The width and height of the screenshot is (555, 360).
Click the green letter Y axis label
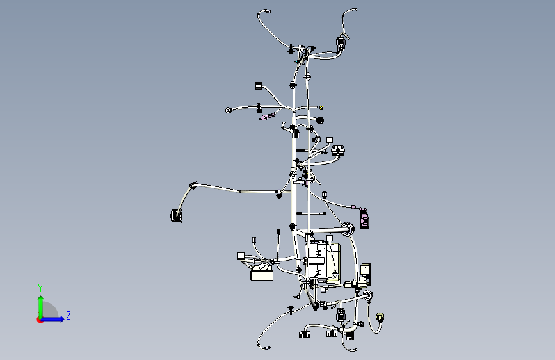[40, 288]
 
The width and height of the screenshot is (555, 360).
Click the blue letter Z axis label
[68, 315]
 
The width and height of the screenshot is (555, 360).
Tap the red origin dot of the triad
[40, 320]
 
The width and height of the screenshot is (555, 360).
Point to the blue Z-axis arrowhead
[61, 319]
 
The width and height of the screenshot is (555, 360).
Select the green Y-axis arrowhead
[41, 299]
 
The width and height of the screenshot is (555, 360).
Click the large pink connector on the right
[364, 218]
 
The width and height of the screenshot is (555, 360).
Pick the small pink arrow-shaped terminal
[267, 117]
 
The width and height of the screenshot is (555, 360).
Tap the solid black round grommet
[319, 120]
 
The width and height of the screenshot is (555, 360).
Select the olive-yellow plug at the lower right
[380, 317]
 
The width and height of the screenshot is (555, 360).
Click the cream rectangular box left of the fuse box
[262, 275]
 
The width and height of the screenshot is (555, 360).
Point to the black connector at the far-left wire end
[176, 216]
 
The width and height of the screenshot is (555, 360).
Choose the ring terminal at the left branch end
[229, 111]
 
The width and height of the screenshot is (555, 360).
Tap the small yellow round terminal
[321, 108]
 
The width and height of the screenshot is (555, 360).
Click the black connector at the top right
[341, 44]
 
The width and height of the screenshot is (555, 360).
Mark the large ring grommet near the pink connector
[347, 229]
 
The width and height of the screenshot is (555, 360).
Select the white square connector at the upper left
[259, 85]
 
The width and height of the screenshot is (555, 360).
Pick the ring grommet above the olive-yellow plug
[367, 295]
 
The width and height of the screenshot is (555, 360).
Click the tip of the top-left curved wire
[269, 12]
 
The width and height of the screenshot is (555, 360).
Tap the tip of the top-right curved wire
[355, 10]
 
